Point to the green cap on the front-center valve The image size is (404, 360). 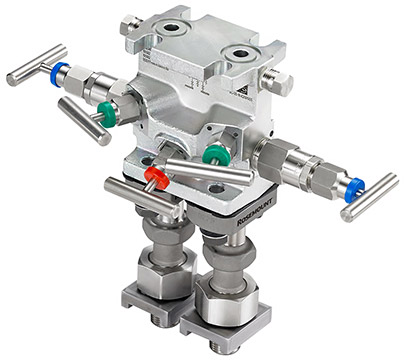[212, 155]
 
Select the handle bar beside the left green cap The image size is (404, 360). [82, 120]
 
